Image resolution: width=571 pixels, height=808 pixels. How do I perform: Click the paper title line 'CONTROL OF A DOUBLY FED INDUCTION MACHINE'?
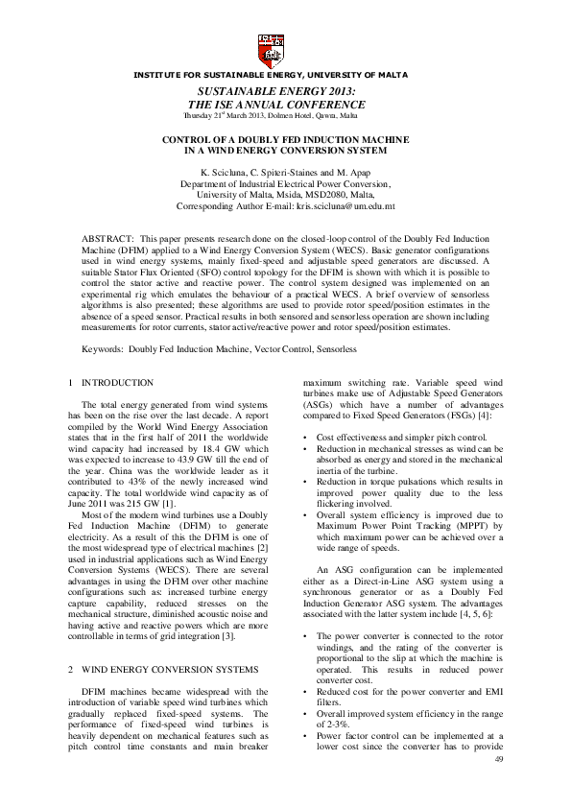[x=285, y=139]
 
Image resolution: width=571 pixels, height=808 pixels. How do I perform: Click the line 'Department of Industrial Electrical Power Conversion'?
[x=285, y=182]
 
